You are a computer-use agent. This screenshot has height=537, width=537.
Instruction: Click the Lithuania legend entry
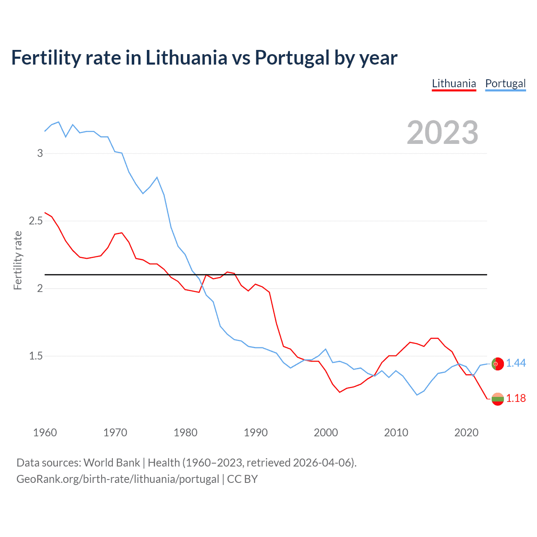tap(454, 83)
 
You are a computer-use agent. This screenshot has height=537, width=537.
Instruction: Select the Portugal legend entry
tap(505, 83)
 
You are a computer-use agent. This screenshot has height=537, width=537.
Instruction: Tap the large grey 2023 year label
tap(443, 133)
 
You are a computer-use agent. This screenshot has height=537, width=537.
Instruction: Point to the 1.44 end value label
tap(516, 363)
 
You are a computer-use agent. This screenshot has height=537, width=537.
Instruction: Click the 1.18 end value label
tap(516, 399)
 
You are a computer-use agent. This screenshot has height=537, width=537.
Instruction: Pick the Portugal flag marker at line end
tap(498, 364)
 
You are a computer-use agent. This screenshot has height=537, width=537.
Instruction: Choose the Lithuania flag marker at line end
tap(498, 399)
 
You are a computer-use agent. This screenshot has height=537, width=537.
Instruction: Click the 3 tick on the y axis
tap(40, 154)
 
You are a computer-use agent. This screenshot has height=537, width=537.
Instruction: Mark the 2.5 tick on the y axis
tap(36, 221)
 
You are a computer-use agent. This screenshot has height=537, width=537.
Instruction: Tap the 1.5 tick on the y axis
tap(36, 356)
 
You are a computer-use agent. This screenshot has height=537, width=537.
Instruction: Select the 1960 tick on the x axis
tap(45, 433)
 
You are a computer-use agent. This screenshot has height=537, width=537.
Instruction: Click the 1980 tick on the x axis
tap(185, 433)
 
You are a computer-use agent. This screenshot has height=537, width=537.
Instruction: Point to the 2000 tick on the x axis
tap(326, 433)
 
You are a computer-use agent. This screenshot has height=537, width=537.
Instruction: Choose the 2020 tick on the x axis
tap(466, 433)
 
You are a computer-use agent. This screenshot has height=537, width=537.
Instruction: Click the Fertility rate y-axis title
tap(18, 260)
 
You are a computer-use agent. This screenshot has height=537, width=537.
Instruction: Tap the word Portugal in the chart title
tap(292, 58)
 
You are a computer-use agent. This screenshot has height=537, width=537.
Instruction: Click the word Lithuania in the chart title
tap(186, 58)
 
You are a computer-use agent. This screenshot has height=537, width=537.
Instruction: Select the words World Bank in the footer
tap(112, 463)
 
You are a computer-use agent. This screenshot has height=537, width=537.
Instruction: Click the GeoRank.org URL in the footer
tap(117, 479)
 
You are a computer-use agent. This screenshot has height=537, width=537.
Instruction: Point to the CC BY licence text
tap(242, 479)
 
